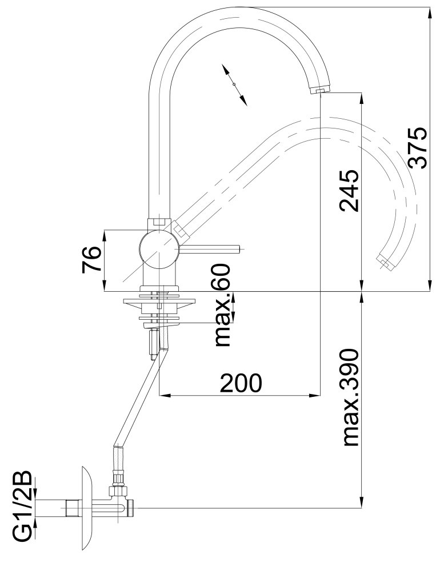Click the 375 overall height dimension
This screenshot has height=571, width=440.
coord(417,147)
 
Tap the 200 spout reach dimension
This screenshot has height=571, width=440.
coord(241,383)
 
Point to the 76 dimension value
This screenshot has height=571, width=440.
coord(91,260)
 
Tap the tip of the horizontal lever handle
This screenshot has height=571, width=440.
coord(239,250)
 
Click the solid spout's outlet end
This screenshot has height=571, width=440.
coord(320,89)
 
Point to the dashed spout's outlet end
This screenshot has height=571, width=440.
coord(385,262)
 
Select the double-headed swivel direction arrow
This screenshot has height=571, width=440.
coord(234,85)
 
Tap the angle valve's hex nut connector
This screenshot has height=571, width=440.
coord(118,492)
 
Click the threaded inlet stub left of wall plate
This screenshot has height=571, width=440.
coord(72,508)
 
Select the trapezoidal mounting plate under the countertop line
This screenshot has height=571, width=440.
coord(159,302)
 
